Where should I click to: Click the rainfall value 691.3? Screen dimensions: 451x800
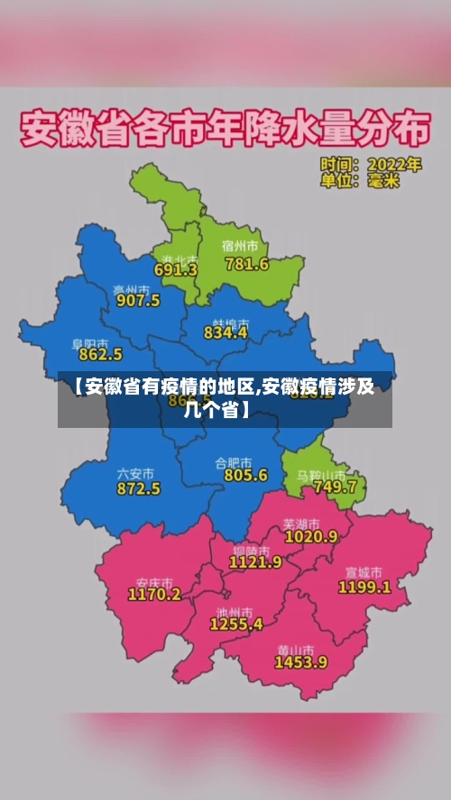(x=176, y=269)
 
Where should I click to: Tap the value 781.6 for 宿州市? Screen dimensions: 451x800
(x=246, y=264)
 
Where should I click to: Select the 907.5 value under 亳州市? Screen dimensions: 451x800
(x=137, y=300)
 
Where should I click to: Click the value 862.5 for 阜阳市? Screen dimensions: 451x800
(x=100, y=355)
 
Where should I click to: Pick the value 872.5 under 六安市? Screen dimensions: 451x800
(x=138, y=488)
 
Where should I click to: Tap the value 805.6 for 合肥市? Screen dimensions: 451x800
(x=245, y=475)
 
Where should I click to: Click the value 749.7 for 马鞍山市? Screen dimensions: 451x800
(x=334, y=486)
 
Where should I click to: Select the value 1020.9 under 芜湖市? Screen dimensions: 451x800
(x=310, y=535)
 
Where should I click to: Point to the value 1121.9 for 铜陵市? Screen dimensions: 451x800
(x=255, y=561)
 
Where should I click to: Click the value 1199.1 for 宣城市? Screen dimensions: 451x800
(x=364, y=586)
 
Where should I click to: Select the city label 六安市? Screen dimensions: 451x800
(x=135, y=473)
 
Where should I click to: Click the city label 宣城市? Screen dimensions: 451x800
(x=364, y=572)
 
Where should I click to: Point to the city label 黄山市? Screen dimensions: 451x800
(x=296, y=648)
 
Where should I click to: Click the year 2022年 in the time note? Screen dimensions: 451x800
(x=394, y=165)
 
